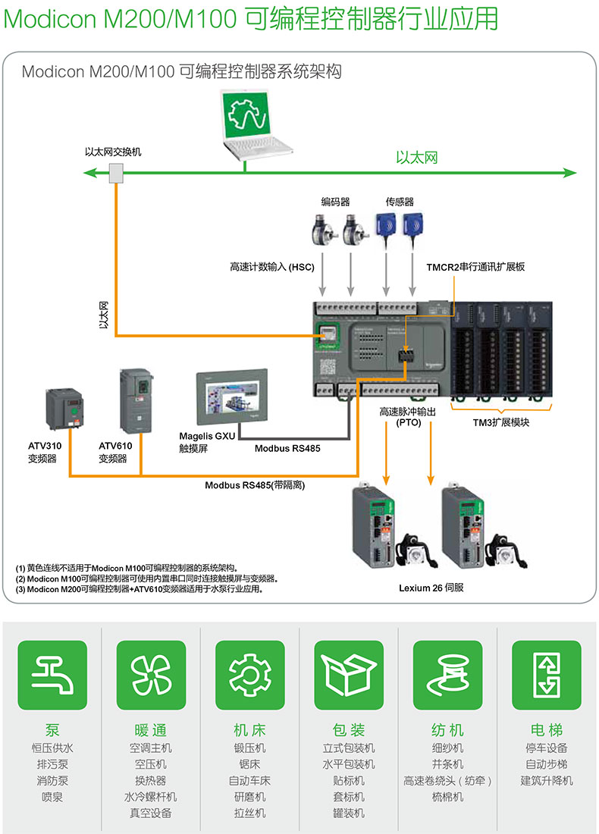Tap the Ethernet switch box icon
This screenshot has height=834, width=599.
tap(116, 174)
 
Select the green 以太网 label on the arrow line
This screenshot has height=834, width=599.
tap(417, 158)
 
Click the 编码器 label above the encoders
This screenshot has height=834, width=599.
tap(335, 202)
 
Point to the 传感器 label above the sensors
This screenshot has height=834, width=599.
tap(400, 202)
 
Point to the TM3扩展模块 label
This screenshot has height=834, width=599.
tap(501, 422)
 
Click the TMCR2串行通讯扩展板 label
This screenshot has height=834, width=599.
tap(475, 267)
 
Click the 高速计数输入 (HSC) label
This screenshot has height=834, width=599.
tap(271, 267)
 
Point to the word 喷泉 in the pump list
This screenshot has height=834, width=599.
tap(52, 797)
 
